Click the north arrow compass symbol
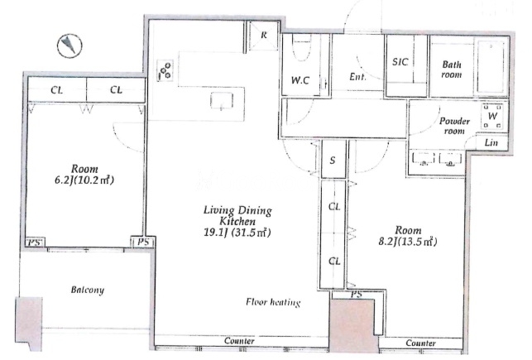coord(69,46)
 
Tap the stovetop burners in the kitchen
coord(165,70)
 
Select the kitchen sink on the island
coord(222,101)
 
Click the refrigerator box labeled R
coord(264,36)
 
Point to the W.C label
coord(300,80)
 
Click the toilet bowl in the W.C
coord(301,48)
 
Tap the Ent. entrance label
coord(357,77)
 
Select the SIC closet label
coord(400,62)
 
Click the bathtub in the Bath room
coord(491,67)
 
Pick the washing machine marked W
coord(492,116)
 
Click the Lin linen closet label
coord(491,142)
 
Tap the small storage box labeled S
coord(333,160)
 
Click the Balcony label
coord(87,290)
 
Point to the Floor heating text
coord(273,302)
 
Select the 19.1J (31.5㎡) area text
coord(237,233)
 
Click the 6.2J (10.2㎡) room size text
coord(84,180)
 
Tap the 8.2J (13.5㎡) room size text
coord(408,242)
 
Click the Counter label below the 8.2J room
coord(420,343)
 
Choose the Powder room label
coord(454,126)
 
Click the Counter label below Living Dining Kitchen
coord(239,341)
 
